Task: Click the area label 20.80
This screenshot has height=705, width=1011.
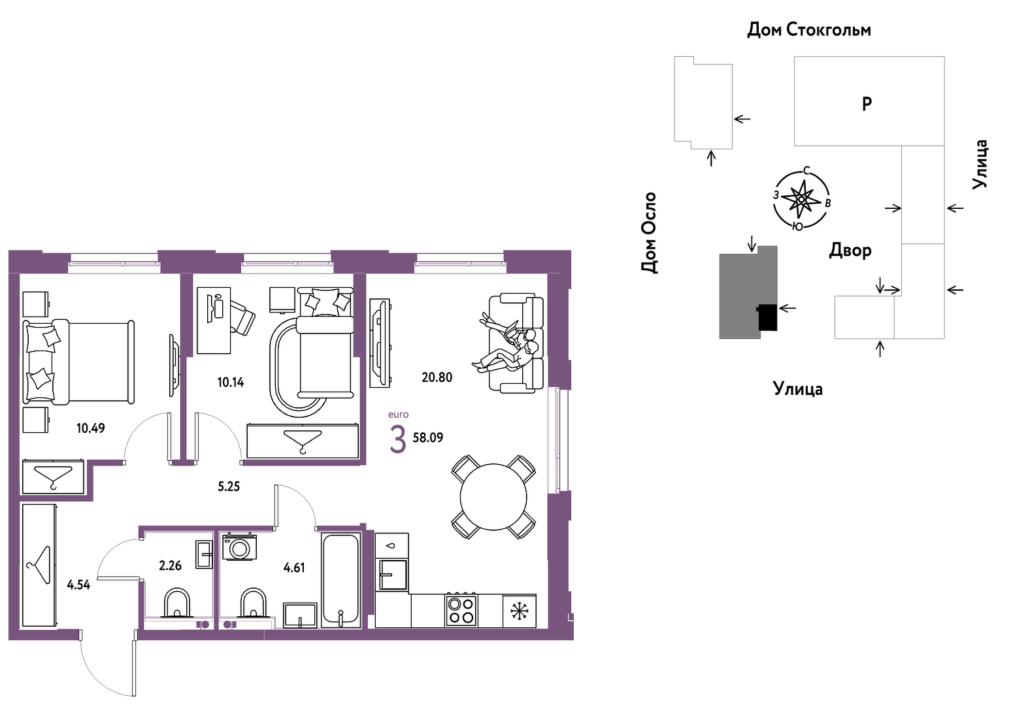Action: (x=437, y=377)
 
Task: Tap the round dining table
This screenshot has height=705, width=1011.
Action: (x=493, y=497)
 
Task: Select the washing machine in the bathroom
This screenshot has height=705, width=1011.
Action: (x=240, y=547)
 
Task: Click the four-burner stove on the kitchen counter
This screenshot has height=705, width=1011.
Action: (x=461, y=610)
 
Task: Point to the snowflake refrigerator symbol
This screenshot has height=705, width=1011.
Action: (x=520, y=612)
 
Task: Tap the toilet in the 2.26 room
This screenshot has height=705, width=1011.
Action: (x=177, y=603)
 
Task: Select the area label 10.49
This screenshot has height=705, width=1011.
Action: (x=90, y=428)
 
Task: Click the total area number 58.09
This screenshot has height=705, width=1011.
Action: (x=428, y=438)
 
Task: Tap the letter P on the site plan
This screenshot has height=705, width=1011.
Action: (x=867, y=104)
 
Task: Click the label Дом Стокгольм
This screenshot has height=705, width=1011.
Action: (x=809, y=30)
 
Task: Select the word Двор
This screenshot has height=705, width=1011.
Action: (x=850, y=250)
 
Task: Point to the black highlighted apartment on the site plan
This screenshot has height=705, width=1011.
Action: (x=767, y=317)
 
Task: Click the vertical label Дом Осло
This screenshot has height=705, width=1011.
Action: (x=648, y=232)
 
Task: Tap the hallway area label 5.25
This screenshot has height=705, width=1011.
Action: (x=228, y=486)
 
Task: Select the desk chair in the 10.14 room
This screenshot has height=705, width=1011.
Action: (x=243, y=317)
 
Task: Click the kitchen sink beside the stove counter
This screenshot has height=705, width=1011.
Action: (x=393, y=574)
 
